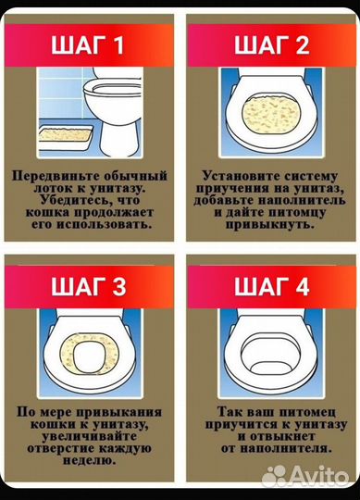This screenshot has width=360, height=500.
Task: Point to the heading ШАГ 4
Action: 271,287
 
